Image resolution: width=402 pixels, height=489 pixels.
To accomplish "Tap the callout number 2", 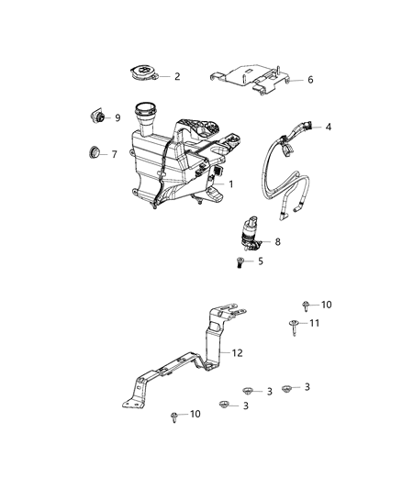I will pyautogui.click(x=177, y=76).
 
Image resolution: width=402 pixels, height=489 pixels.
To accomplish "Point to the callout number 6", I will pyautogui.click(x=310, y=80).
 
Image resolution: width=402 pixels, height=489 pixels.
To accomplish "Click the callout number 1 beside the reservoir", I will pyautogui.click(x=231, y=184).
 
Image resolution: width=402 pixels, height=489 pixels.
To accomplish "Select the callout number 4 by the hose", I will pyautogui.click(x=329, y=127).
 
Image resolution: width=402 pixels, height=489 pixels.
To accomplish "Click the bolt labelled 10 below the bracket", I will pyautogui.click(x=174, y=417).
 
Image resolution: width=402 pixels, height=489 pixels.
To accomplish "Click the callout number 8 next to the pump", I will pyautogui.click(x=277, y=243).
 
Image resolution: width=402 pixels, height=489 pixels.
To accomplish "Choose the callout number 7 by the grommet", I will pyautogui.click(x=114, y=154).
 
